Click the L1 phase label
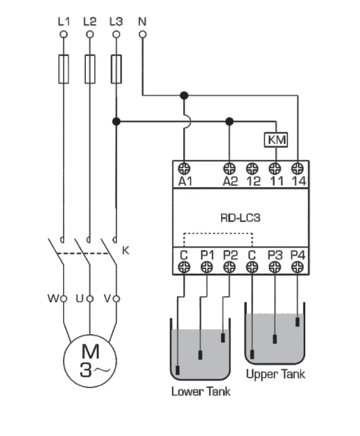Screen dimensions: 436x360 64,21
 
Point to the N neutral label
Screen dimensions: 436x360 142,21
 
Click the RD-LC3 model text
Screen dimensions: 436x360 239,216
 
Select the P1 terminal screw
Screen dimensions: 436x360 207,267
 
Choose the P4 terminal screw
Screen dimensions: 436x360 298,267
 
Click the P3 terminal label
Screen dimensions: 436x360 275,254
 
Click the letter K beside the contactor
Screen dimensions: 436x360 126,250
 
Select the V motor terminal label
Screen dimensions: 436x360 107,299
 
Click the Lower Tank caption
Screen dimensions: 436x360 200,392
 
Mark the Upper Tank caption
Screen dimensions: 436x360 275,374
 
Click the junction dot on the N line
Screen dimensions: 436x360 184,95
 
